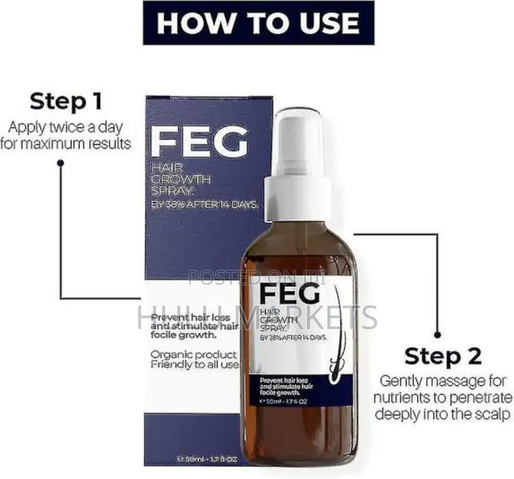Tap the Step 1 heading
point(66,102)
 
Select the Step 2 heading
point(443,356)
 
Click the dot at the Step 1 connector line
point(60,163)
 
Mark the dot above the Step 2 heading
point(437,335)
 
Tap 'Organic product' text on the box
point(194,355)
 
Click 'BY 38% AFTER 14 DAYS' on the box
point(204,205)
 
